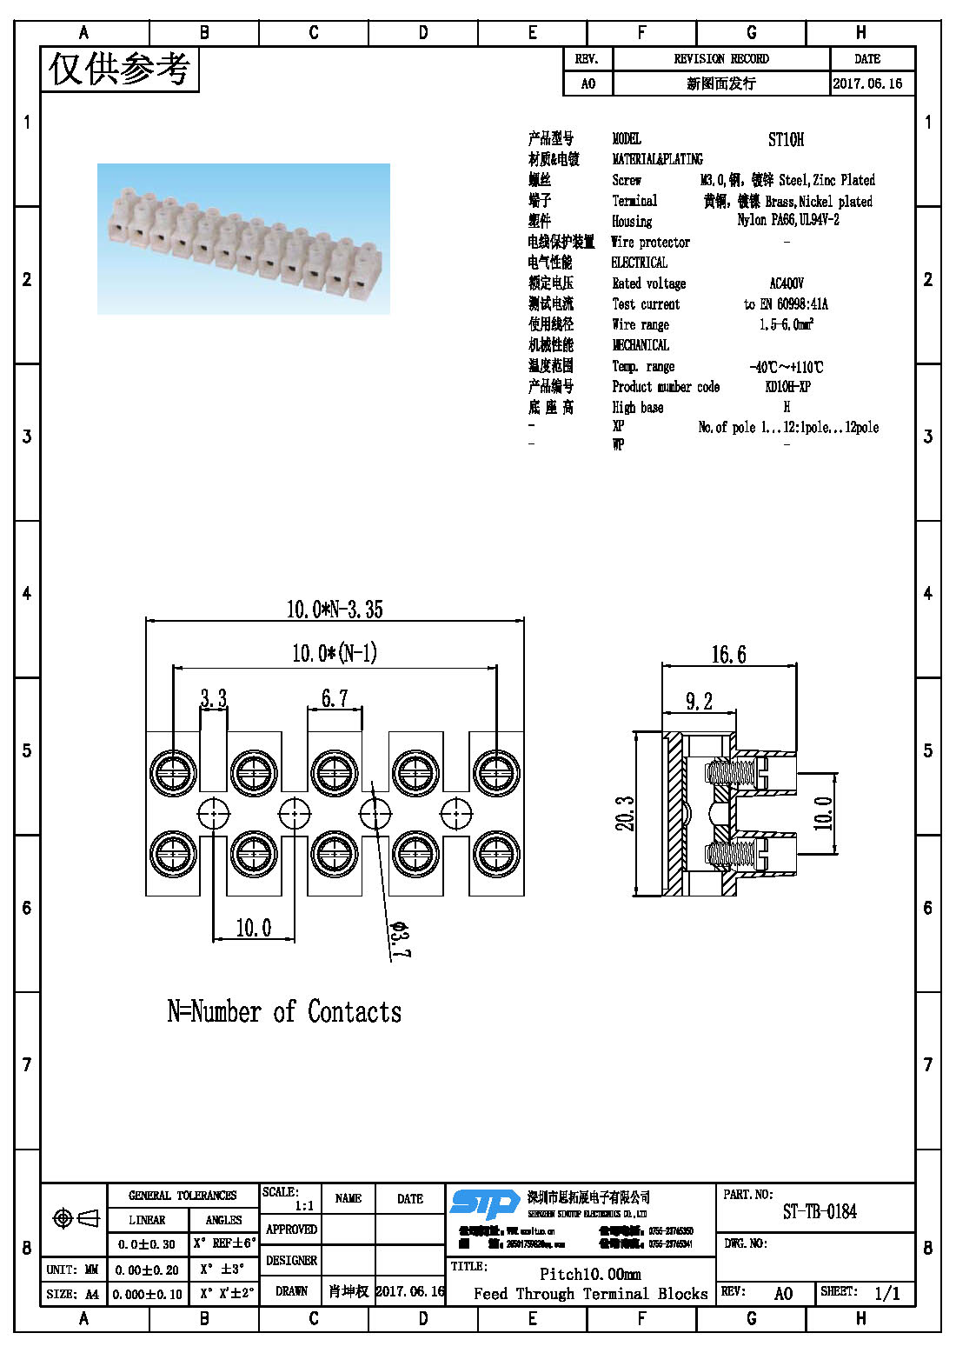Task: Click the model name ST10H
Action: tap(786, 139)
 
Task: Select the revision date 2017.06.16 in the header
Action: tap(867, 83)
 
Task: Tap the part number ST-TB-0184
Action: tap(819, 1211)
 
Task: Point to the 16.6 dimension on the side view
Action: tap(728, 655)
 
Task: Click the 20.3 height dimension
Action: tap(625, 814)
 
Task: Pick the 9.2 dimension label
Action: tap(699, 702)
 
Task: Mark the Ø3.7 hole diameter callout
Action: tap(399, 940)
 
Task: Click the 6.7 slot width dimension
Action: tap(335, 698)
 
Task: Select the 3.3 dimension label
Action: tap(213, 698)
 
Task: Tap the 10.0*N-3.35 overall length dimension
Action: tap(335, 609)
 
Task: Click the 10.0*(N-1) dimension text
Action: tap(335, 653)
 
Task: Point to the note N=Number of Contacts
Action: tap(284, 1011)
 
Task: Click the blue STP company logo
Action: tap(484, 1203)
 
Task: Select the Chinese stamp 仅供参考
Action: tap(119, 69)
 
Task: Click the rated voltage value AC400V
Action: tap(787, 283)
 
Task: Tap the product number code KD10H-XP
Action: tap(787, 387)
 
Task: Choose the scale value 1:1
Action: tap(304, 1206)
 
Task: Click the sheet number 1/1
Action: tap(886, 1293)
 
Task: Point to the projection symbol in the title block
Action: tap(76, 1218)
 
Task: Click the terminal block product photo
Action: tap(243, 239)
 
